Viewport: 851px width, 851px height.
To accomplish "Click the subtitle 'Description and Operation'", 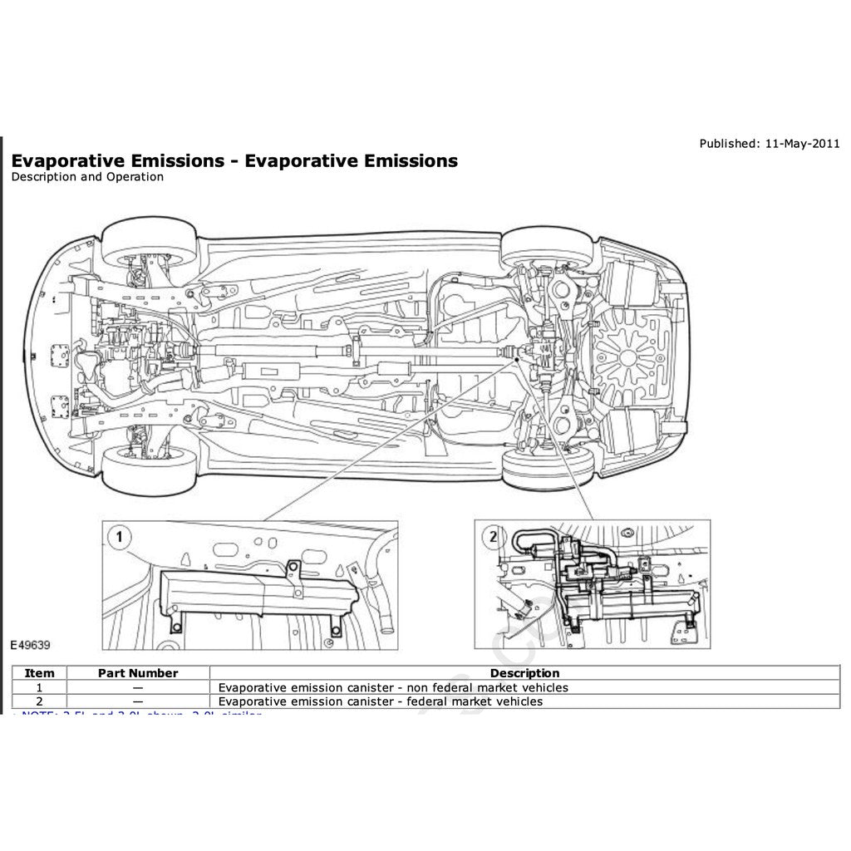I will pos(87,177).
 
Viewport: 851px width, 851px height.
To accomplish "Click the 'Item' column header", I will pos(40,673).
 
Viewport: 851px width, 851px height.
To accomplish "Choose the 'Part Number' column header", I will pos(138,673).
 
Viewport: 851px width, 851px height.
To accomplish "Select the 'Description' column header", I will pos(524,673).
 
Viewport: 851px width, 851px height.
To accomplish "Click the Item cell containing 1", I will pos(40,687).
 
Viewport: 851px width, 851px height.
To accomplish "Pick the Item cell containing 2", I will pos(40,701).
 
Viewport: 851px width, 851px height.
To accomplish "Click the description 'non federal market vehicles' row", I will pos(393,687).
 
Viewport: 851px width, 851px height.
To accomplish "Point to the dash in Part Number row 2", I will pos(137,701).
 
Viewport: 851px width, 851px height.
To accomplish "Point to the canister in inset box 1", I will pos(253,593).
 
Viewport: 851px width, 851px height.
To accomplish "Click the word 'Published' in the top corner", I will pos(726,144).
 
